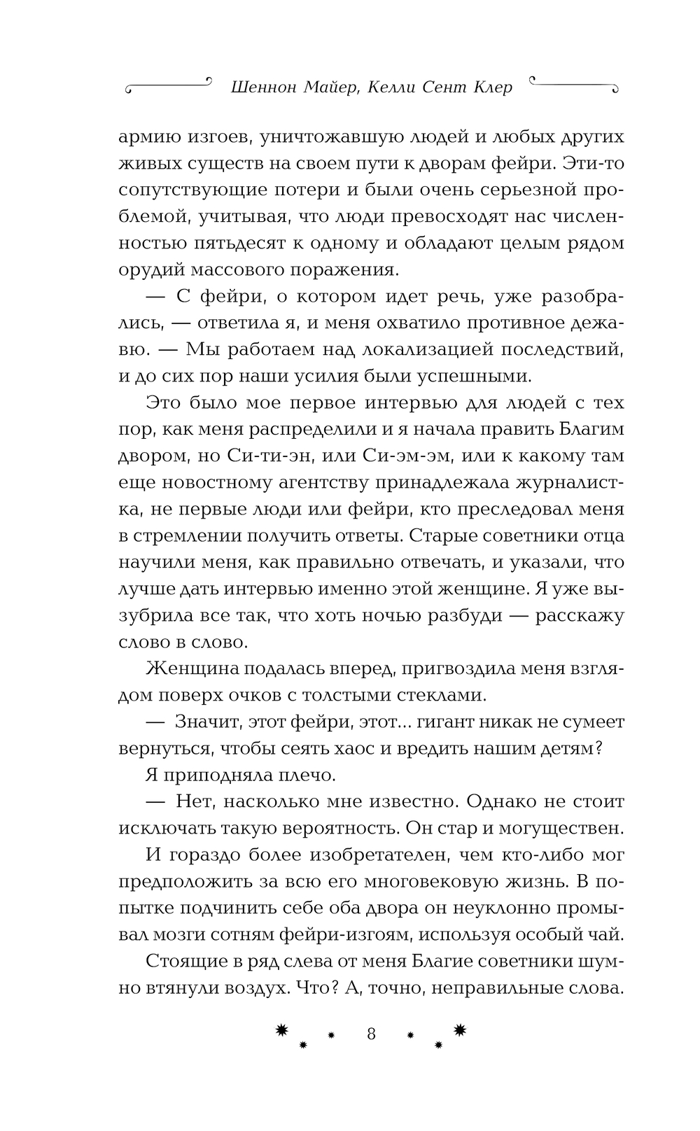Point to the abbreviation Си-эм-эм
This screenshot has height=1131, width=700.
click(x=407, y=456)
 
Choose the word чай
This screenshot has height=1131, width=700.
click(x=606, y=934)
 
